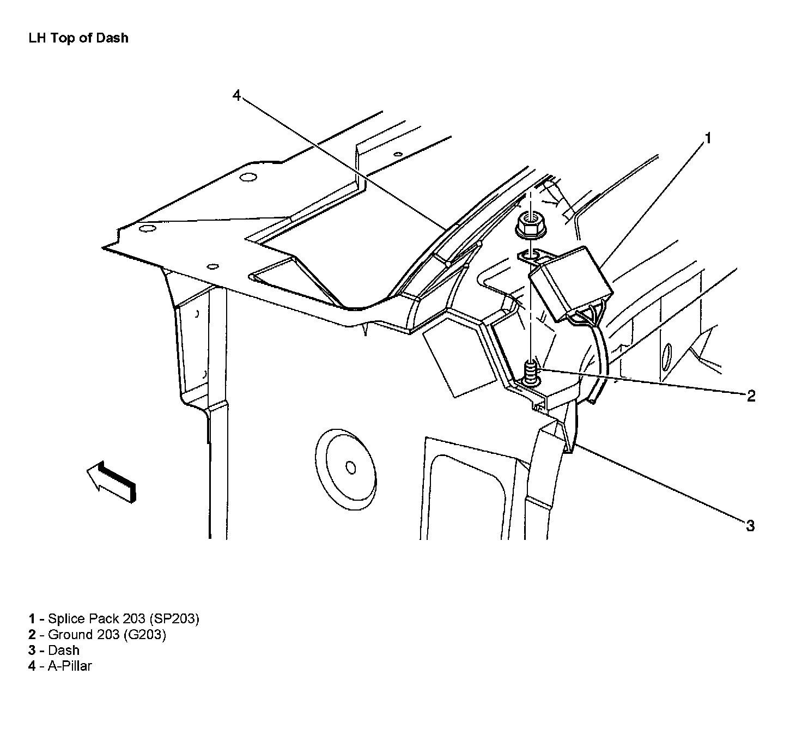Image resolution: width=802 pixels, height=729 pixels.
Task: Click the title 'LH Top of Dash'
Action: [x=78, y=38]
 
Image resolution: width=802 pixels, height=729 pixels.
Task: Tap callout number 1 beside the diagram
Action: [x=708, y=139]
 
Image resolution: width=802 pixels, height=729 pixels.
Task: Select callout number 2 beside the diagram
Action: [x=751, y=396]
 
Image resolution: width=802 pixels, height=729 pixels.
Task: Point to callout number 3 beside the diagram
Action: [x=750, y=526]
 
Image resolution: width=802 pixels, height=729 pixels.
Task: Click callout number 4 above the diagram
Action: [x=236, y=95]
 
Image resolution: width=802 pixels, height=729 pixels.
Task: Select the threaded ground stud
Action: [x=530, y=375]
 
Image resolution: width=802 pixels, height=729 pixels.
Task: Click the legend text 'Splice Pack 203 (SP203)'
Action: [x=124, y=618]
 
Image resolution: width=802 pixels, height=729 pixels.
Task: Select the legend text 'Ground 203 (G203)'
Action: [x=107, y=634]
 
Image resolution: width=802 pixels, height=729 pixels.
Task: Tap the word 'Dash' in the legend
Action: [x=64, y=650]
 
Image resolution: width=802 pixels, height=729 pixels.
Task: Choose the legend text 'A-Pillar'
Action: [x=70, y=666]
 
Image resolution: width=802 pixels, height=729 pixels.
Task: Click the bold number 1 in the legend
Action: [x=32, y=618]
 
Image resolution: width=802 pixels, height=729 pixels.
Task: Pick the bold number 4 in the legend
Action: [x=32, y=666]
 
